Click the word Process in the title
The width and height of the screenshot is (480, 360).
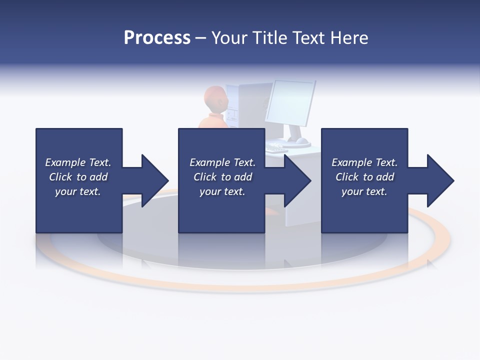click(157, 38)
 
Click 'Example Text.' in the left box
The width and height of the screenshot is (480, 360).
click(78, 162)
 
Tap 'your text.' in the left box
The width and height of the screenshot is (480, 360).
click(78, 191)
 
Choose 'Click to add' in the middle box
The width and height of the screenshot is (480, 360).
click(222, 177)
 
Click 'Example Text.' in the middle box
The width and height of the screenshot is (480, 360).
click(222, 162)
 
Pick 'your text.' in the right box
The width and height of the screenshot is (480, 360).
click(364, 191)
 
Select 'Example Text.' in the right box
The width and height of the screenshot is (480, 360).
click(364, 162)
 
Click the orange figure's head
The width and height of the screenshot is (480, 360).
click(216, 98)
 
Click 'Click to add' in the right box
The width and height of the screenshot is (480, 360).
click(364, 177)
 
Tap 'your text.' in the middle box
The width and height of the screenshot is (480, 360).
click(222, 191)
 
